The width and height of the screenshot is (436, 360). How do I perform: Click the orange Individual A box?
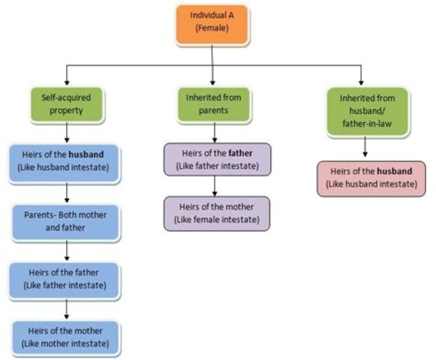coord(211,24)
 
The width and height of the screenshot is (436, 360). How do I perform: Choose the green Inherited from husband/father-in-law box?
coord(366,111)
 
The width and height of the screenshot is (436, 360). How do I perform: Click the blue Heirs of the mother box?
coord(66,337)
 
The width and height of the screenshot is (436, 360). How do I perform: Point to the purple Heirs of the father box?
coord(217,159)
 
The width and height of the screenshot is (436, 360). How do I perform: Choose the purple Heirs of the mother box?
coord(217,213)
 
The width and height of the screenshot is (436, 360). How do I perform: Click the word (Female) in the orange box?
coord(211,28)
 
